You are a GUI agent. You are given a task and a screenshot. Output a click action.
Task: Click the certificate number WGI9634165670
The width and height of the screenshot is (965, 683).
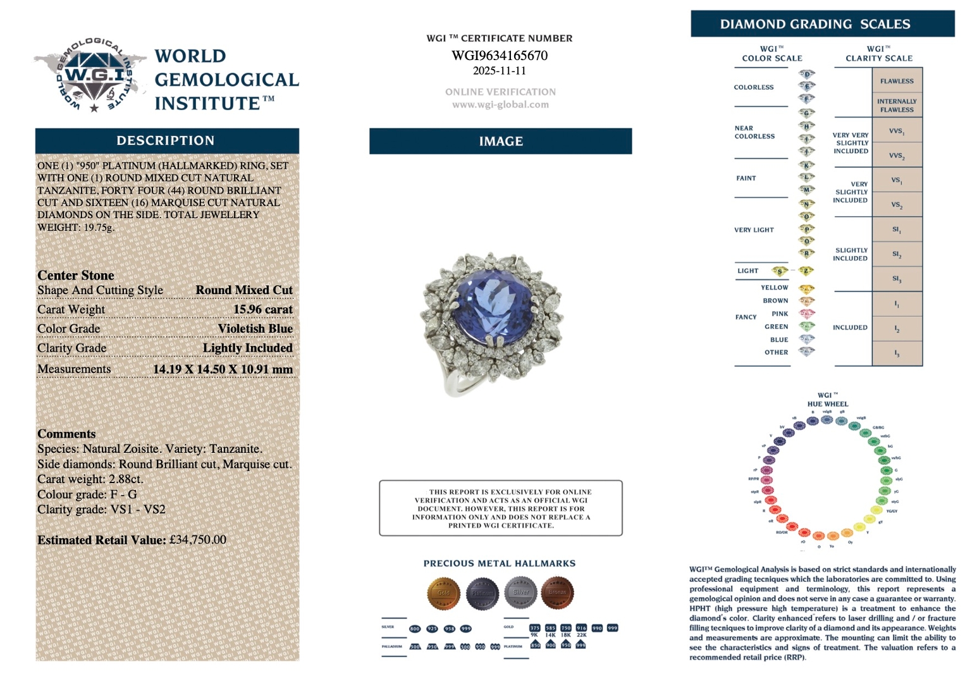tap(500, 56)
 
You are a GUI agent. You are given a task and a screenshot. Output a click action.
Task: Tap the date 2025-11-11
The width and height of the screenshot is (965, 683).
tap(500, 71)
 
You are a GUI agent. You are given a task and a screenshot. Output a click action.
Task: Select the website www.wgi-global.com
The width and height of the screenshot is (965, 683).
tap(500, 105)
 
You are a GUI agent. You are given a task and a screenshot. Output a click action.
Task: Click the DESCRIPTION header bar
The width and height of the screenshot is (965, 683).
tap(166, 140)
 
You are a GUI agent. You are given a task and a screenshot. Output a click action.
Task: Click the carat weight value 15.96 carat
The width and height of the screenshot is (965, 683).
tap(262, 309)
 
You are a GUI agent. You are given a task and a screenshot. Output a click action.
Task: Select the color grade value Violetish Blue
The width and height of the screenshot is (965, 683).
tap(255, 329)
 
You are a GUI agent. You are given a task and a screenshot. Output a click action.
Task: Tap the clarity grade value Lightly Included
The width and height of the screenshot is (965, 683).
tap(247, 348)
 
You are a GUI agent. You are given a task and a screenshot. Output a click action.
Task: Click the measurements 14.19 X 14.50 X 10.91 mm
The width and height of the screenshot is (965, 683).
tap(223, 369)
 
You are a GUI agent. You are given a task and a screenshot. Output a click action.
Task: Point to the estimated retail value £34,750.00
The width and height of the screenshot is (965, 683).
tap(197, 540)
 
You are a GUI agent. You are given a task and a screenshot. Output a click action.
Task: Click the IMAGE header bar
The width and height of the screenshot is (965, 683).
tap(500, 141)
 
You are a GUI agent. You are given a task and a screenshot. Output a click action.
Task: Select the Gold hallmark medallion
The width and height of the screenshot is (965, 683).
tap(444, 593)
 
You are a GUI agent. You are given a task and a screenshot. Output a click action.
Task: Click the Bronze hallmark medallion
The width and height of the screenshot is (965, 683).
tap(557, 593)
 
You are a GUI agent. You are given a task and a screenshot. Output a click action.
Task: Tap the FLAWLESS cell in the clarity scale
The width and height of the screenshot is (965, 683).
tap(897, 81)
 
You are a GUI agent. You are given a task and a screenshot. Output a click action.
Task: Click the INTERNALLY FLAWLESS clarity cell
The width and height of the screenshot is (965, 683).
tap(897, 106)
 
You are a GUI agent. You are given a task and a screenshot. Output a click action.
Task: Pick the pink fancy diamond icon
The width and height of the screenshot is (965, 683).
tap(807, 314)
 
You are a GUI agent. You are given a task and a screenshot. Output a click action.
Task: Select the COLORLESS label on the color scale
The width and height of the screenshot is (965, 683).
tap(754, 87)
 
